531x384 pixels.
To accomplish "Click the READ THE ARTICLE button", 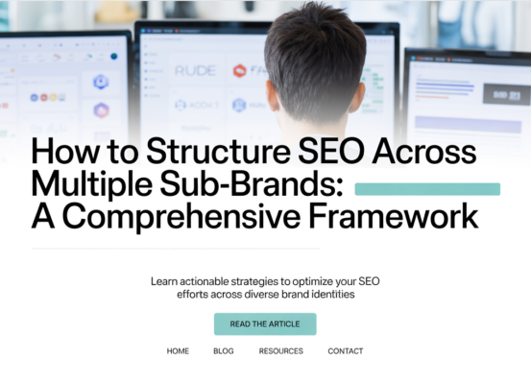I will coord(265,324).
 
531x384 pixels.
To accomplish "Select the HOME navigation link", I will coord(178,351).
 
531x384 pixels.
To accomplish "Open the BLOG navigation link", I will coord(224,351).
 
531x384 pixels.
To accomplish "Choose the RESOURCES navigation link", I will coord(280,351).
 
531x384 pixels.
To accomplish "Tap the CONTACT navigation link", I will coord(346,351).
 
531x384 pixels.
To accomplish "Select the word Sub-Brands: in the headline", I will coord(254,184).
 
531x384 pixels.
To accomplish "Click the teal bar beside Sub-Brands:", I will coord(427,189).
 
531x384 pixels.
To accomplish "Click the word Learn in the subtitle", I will coord(164,281).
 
